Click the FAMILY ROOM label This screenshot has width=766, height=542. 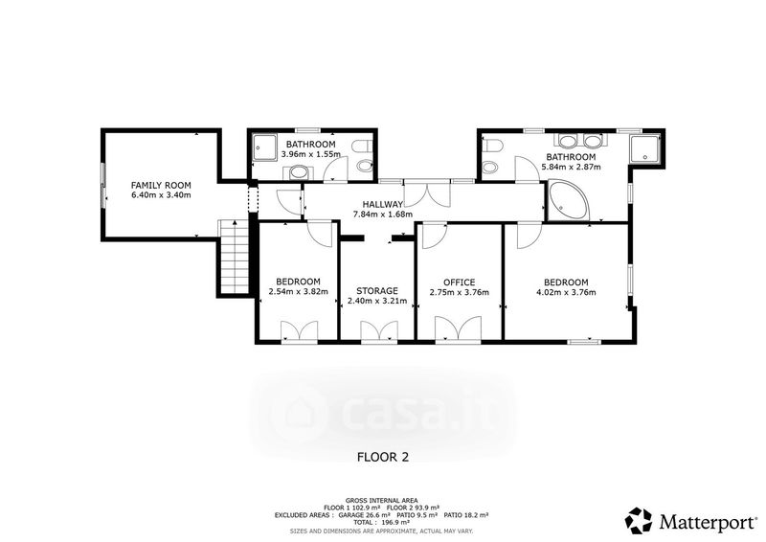coord(161,185)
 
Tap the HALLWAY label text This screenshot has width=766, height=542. coord(382,204)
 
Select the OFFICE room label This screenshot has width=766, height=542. coord(460,282)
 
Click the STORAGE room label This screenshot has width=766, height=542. coord(376,291)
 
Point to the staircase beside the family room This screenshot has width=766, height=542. coord(236,258)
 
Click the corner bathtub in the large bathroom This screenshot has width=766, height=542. coord(568,200)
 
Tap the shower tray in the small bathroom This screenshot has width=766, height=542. coord(264,147)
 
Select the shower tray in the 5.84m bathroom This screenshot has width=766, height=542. coord(644,148)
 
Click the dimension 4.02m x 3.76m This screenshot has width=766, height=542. coord(566,293)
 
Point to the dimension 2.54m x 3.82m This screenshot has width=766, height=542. coord(298,292)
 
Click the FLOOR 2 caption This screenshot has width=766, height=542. coord(383,457)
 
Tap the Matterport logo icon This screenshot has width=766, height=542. coord(640,521)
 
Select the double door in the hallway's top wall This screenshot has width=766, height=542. coord(427,193)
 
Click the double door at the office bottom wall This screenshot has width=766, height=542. coord(459,328)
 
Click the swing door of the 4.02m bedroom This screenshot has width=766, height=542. coord(529,234)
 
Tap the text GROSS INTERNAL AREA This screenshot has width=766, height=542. coord(381,501)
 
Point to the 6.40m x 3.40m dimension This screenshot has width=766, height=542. coord(161,195)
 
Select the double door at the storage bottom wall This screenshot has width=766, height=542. coord(379,331)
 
